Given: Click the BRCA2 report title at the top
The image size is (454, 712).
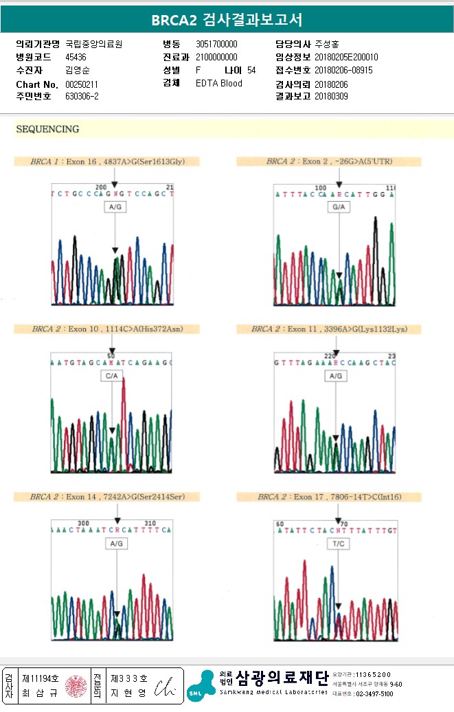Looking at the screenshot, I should click(x=227, y=20).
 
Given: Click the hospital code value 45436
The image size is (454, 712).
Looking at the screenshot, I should click(x=76, y=58).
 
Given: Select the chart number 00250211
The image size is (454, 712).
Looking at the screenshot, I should click(x=82, y=84).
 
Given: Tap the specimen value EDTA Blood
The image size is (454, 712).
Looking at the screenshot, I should click(x=219, y=84).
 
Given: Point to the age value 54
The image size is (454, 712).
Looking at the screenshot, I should click(x=251, y=71).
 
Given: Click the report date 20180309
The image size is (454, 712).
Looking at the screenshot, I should click(x=331, y=97).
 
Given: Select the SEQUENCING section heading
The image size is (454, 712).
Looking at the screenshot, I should click(x=47, y=129).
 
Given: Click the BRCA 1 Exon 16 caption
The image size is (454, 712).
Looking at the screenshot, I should click(x=106, y=162).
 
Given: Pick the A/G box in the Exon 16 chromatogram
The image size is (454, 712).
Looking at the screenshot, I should click(x=115, y=206).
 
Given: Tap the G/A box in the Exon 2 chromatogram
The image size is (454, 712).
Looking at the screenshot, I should click(x=339, y=206).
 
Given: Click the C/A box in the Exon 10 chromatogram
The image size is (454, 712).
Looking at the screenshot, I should click(x=111, y=376).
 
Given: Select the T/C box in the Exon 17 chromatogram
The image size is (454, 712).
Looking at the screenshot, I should click(x=337, y=543).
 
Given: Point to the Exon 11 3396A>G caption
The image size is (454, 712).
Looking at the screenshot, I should click(x=329, y=329).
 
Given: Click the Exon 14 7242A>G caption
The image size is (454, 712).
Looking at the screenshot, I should click(x=107, y=497).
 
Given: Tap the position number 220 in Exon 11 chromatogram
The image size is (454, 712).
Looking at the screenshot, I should click(x=330, y=355).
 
